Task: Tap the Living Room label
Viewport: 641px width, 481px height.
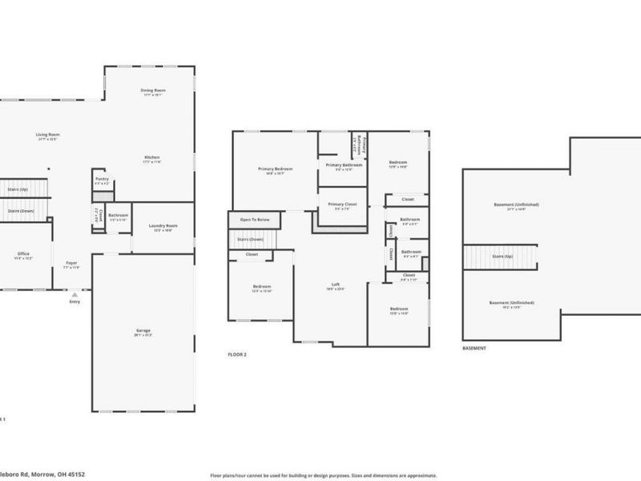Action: (48, 134)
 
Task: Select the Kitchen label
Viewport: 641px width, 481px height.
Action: (152, 156)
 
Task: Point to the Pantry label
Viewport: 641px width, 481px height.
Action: (102, 178)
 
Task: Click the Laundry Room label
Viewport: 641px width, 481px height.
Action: (163, 226)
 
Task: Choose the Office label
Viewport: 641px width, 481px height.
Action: (23, 253)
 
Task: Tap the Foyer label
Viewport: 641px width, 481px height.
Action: (71, 262)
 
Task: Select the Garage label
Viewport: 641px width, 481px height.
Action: (143, 330)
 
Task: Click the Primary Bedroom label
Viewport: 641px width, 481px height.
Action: (275, 168)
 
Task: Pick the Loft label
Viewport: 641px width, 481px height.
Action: (336, 285)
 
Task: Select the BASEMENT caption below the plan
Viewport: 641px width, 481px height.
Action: (474, 349)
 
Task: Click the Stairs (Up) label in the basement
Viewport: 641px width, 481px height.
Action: (503, 257)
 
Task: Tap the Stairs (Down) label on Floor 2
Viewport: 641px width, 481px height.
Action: (251, 239)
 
